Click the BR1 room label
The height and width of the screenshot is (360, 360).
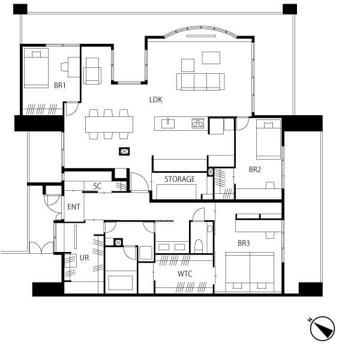pos(60,86)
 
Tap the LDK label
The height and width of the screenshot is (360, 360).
pos(156,100)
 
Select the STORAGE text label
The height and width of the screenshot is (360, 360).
pos(179,179)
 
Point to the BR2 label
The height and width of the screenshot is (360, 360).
pos(255,169)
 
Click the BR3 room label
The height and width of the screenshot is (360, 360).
pos(244,243)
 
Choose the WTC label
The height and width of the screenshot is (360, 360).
pos(185,274)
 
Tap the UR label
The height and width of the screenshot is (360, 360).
pos(84,258)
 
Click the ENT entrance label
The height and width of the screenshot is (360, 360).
pos(74,206)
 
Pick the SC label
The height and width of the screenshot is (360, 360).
pos(97,186)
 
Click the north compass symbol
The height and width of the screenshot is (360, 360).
pos(322,329)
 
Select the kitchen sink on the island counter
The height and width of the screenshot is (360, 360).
pos(168,124)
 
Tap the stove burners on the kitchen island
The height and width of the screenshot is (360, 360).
pos(197,124)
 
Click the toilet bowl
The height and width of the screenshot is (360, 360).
pos(199,246)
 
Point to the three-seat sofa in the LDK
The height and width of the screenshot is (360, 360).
pos(200,82)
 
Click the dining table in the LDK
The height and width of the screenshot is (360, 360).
pos(109,124)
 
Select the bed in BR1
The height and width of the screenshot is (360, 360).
pos(36,68)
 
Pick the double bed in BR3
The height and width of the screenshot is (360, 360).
pos(250,272)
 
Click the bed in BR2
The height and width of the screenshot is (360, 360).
pos(268,140)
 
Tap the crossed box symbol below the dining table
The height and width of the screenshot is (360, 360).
pos(124,151)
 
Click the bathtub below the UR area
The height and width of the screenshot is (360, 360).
pos(121,283)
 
